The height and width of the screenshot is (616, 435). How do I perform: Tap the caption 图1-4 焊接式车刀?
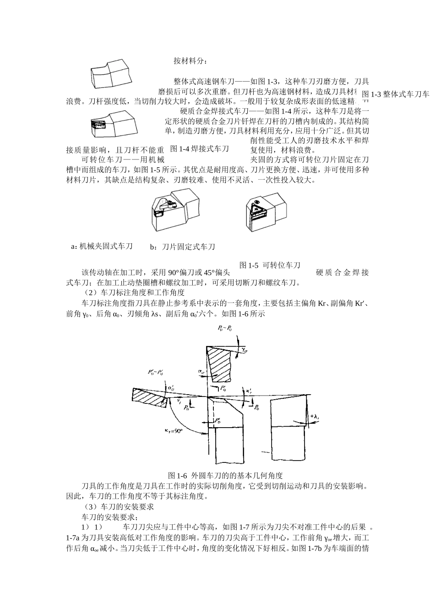[199, 149]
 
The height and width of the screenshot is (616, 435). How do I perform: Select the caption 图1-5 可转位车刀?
[270, 265]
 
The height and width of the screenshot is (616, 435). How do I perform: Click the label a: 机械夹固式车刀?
[102, 247]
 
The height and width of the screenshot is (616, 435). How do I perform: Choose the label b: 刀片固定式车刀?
[182, 247]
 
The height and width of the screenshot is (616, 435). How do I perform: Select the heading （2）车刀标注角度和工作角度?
[132, 292]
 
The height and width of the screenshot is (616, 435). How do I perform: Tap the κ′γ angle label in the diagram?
[249, 390]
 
